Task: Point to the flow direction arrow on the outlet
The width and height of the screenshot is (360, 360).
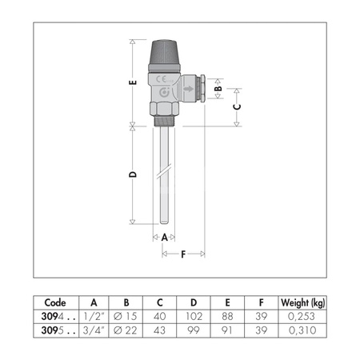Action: coord(189,89)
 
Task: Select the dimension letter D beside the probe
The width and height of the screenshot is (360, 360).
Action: coord(133,174)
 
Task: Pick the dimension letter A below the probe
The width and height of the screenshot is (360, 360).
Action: coord(164,237)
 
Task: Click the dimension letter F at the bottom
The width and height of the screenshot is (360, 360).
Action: coord(183,254)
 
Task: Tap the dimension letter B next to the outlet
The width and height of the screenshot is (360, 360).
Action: coord(218,88)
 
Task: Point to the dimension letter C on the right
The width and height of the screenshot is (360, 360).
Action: coord(237,107)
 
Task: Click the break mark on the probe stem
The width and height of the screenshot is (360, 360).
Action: coord(164,170)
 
